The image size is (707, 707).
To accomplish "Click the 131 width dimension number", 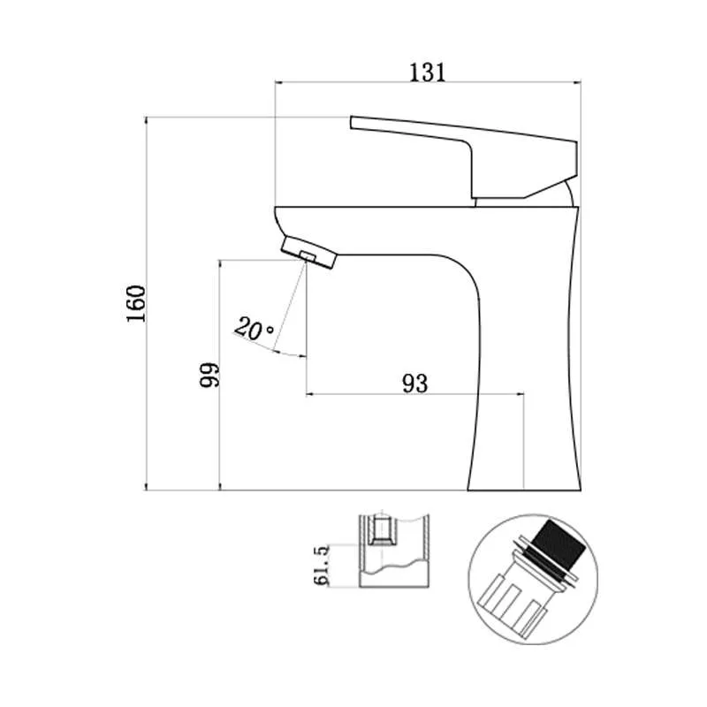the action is coord(428,72).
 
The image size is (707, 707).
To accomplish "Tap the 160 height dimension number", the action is coord(136,303).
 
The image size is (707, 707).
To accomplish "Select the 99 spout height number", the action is coord(209,374).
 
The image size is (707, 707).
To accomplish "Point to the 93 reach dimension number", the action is coord(414,384).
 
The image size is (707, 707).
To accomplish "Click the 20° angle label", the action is coord(254,328).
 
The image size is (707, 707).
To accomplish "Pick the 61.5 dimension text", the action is coord(322,566).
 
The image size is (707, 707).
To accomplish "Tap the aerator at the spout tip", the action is coord(309,253).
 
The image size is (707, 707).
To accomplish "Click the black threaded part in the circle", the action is coord(559,544).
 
